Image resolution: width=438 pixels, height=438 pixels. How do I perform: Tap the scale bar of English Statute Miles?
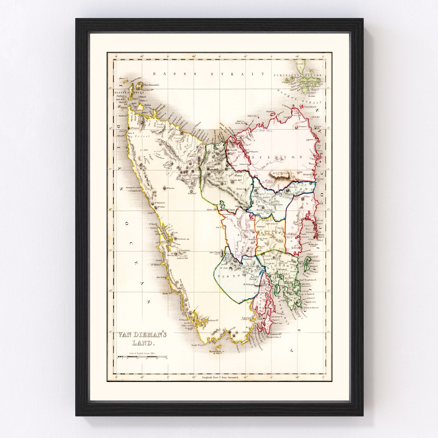click(x=142, y=357)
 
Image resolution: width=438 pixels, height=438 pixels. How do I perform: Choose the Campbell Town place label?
click(x=276, y=205)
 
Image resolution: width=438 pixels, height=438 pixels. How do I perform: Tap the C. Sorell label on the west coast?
click(x=153, y=224)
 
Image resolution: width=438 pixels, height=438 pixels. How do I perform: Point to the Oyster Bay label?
click(x=308, y=227)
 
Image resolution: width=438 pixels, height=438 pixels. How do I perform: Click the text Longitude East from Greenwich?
click(x=220, y=378)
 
